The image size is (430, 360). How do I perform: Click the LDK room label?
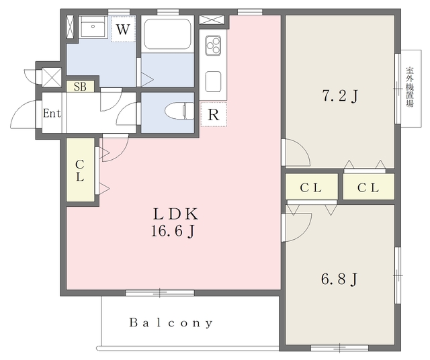(175, 214)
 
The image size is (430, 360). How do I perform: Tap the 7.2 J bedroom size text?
(340, 96)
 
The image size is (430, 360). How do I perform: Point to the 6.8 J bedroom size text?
(339, 279)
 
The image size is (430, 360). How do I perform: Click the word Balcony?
(171, 322)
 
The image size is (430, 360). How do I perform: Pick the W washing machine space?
(123, 29)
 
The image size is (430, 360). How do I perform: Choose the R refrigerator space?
(214, 114)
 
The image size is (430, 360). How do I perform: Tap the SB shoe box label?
(81, 87)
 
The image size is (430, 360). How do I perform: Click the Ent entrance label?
(52, 113)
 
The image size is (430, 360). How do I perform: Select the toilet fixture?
(179, 111)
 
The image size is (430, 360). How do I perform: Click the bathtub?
(167, 34)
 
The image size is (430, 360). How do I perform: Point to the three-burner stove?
(214, 46)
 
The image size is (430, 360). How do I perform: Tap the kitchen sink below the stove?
(214, 82)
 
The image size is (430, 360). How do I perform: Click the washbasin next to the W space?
(93, 27)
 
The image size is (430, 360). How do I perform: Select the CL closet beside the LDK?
(81, 170)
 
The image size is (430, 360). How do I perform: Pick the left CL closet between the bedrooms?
(311, 187)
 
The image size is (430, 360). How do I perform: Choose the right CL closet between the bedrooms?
(369, 187)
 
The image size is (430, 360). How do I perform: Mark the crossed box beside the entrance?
(51, 77)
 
